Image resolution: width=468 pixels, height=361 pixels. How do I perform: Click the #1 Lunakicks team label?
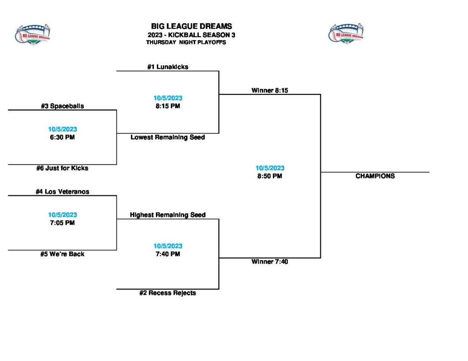click(167, 67)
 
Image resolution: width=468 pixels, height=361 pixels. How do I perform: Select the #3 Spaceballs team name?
click(62, 106)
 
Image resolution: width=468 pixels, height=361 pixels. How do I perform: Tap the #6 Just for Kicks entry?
click(62, 168)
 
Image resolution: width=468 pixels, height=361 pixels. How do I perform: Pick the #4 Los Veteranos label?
click(62, 192)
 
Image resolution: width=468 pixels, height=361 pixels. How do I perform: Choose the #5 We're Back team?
click(62, 254)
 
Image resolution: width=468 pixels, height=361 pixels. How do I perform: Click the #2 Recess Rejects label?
click(167, 293)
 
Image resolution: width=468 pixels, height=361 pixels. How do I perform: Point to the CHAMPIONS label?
click(375, 176)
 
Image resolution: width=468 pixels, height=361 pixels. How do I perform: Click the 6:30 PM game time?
click(62, 137)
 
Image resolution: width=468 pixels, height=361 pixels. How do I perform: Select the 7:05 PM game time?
click(62, 223)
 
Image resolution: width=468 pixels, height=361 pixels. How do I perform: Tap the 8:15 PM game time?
click(167, 106)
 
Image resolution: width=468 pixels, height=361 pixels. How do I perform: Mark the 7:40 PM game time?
click(167, 254)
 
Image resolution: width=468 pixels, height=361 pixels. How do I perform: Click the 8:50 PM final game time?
click(270, 176)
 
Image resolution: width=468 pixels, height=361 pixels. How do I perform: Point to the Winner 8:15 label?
click(270, 90)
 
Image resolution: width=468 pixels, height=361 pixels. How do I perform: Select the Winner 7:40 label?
click(270, 262)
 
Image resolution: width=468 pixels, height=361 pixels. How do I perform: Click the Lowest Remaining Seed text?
click(167, 137)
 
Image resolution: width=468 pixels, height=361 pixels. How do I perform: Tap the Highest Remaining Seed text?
click(167, 215)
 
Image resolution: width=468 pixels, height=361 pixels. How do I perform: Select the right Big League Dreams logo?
click(346, 33)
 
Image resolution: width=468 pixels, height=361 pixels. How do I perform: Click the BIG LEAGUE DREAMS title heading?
click(191, 26)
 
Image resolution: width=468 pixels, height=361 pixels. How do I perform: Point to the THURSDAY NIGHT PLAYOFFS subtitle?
click(186, 42)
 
